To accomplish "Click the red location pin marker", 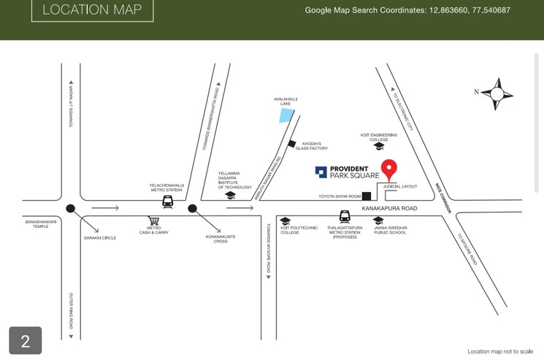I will [390, 169].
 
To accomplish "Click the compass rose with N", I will [497, 93].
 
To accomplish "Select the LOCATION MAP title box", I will [92, 10].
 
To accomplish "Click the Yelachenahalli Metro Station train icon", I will [167, 201].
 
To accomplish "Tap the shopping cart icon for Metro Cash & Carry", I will [153, 221].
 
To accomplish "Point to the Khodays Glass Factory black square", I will [292, 144].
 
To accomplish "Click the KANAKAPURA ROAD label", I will [389, 209].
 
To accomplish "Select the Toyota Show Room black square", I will [367, 196].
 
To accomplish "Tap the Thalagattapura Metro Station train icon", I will [345, 217].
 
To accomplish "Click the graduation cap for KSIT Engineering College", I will [378, 146].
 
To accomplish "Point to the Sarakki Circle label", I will [99, 237].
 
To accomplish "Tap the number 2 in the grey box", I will [25, 341].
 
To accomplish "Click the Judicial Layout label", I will [400, 186].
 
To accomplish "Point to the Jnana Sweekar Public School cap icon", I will [378, 220].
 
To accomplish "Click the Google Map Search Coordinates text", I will [407, 10].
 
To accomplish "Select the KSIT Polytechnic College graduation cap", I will [286, 221].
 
